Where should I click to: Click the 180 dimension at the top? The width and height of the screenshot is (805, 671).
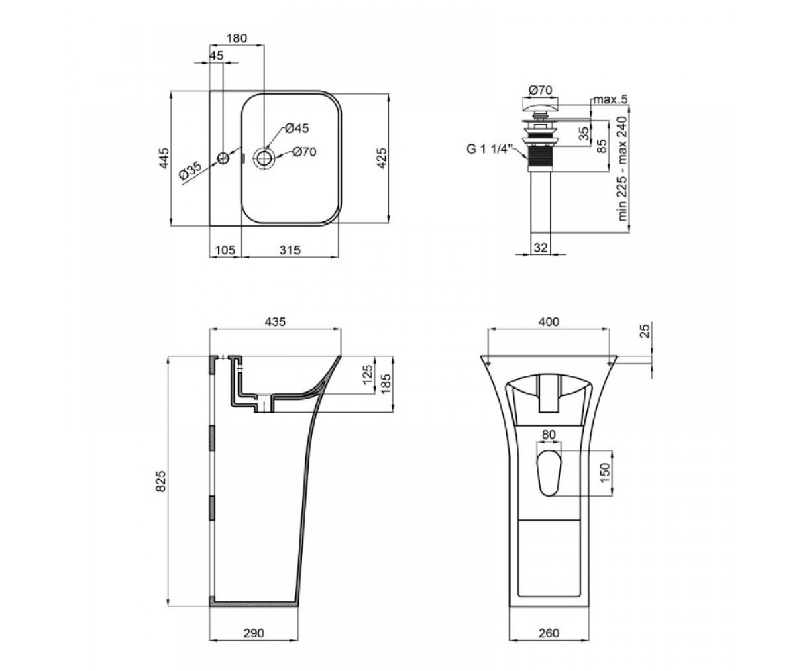point(237,38)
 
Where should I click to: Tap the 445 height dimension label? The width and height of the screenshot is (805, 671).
point(164,158)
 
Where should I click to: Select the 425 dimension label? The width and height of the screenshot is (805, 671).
point(381,158)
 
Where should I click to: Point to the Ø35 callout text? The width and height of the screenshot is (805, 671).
point(190,171)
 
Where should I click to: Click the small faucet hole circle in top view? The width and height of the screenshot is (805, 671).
point(223,158)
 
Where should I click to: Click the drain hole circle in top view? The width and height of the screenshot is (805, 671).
point(264,158)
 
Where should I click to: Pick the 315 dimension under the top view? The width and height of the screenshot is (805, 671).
point(290,250)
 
